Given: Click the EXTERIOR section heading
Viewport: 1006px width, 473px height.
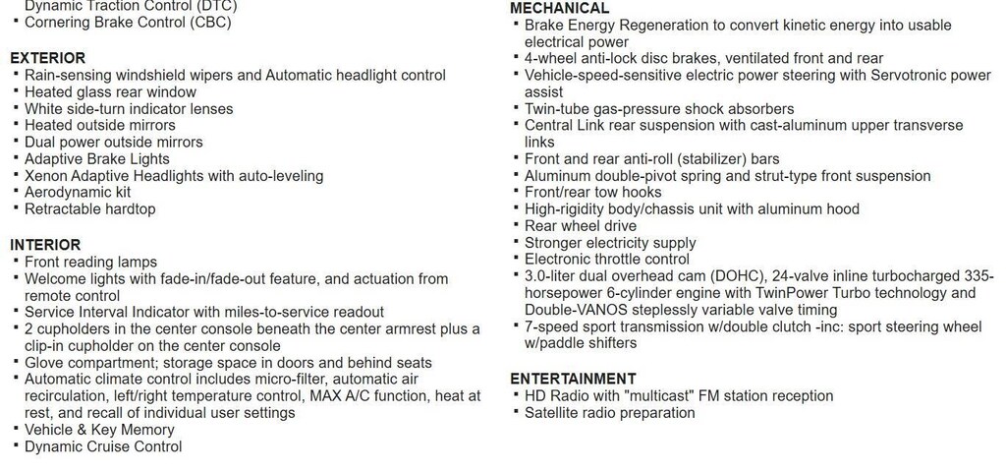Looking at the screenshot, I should pyautogui.click(x=47, y=58).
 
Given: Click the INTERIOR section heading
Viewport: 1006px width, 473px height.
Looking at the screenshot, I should pyautogui.click(x=45, y=245).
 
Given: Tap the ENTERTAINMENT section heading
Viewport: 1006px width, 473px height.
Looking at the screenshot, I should pyautogui.click(x=574, y=379).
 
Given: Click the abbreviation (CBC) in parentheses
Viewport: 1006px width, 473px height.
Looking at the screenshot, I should pyautogui.click(x=211, y=22).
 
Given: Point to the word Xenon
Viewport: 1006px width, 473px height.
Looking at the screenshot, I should pyautogui.click(x=46, y=176).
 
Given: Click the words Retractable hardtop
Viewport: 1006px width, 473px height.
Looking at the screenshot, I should pyautogui.click(x=89, y=209).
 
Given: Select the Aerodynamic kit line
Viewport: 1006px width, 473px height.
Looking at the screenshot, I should pyautogui.click(x=77, y=193).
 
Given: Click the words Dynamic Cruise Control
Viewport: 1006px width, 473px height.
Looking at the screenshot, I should pyautogui.click(x=103, y=446).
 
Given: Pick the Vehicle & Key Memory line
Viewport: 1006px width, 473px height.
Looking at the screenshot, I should pyautogui.click(x=99, y=430).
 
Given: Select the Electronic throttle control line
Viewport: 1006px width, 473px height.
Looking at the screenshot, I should pyautogui.click(x=607, y=260).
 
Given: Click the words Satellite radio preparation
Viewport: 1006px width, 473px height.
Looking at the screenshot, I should pyautogui.click(x=609, y=413).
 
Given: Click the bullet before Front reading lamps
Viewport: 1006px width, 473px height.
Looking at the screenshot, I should pyautogui.click(x=17, y=262).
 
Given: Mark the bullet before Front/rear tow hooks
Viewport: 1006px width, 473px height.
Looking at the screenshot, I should pyautogui.click(x=517, y=192).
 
